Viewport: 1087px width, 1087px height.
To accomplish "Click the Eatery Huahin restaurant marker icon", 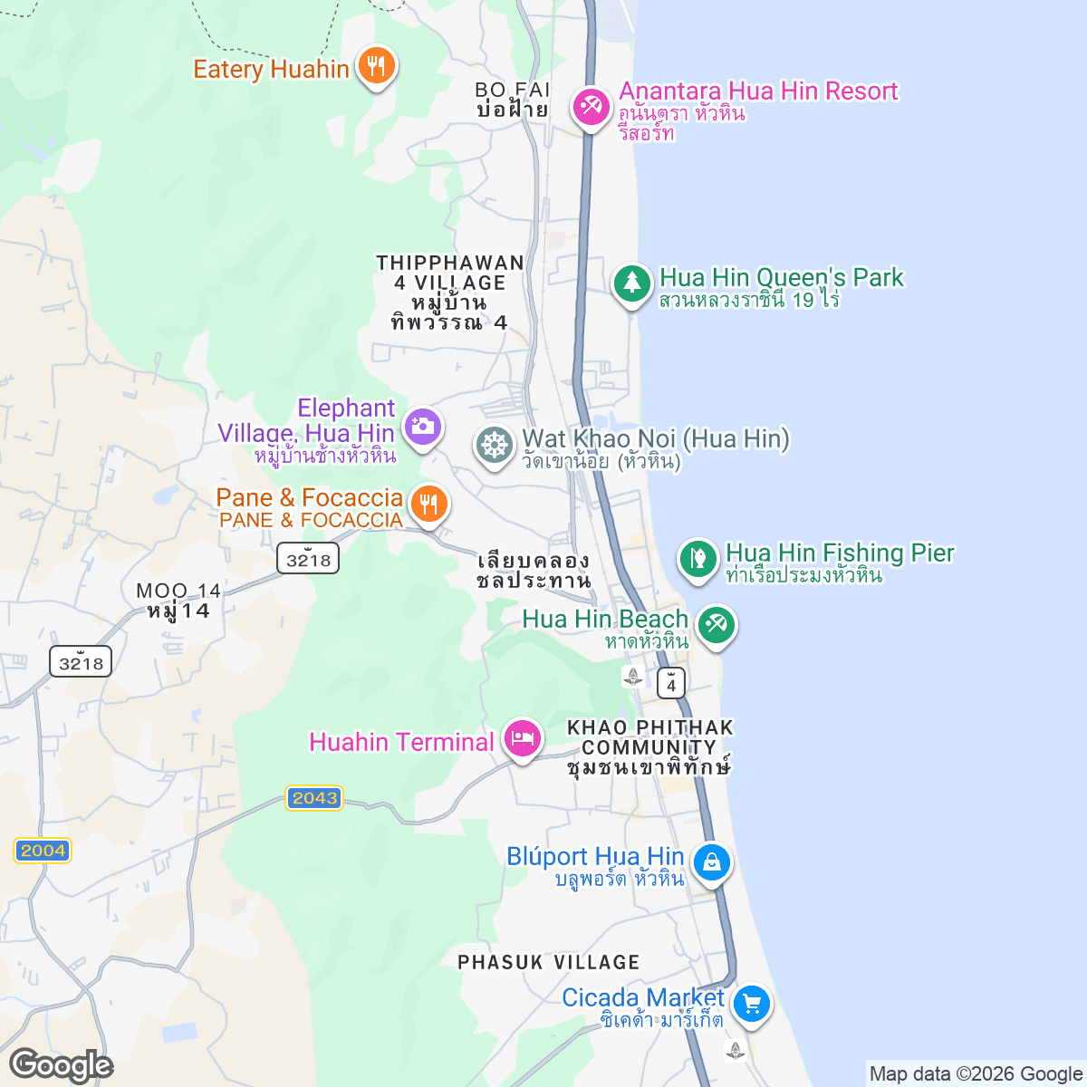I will [375, 65].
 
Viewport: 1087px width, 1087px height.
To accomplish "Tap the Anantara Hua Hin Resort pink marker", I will [591, 106].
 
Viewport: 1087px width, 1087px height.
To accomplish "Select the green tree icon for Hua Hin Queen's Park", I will [631, 284].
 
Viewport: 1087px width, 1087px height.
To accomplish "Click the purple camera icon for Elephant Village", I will [422, 425].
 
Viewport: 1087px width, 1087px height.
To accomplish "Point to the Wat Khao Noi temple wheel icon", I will [494, 446].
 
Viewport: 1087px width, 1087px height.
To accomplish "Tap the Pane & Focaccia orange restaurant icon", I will [429, 503].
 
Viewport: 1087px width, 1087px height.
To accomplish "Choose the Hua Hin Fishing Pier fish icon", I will [697, 557].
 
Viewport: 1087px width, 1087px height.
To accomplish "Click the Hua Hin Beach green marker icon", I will [716, 624].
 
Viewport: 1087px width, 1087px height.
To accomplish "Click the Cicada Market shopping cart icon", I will [751, 1003].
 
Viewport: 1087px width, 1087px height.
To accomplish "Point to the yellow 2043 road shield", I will [314, 798].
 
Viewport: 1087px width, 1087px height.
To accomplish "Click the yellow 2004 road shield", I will [43, 851].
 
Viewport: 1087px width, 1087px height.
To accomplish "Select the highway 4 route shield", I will [671, 683].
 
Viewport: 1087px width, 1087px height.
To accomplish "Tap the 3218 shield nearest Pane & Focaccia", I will [308, 559].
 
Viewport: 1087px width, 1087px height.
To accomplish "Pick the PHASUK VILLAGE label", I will [548, 962].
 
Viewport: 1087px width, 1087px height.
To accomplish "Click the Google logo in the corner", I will [61, 1065].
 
